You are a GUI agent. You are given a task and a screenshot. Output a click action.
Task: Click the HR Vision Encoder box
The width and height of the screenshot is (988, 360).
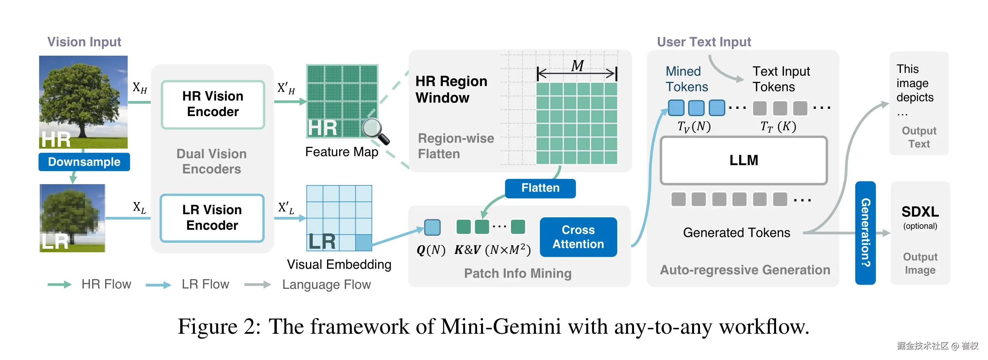tap(213, 104)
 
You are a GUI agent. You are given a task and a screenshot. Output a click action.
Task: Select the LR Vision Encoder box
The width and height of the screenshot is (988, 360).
tap(212, 218)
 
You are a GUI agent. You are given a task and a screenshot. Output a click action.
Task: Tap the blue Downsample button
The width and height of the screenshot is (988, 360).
tap(84, 162)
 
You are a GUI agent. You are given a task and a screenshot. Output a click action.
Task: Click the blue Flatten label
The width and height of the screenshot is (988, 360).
tap(540, 188)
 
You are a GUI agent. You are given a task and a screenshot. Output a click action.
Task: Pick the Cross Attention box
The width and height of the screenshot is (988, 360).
tap(578, 237)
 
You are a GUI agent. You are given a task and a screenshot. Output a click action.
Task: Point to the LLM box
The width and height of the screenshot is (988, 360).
tap(743, 160)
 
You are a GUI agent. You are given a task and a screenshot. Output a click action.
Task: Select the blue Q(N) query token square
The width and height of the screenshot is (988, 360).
tap(432, 227)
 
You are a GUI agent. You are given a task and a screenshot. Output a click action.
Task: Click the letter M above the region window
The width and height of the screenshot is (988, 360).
tap(577, 66)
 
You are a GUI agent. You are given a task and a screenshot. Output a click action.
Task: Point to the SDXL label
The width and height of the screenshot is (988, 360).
tap(920, 212)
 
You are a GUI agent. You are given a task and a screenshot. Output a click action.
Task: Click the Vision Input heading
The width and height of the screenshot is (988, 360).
tap(84, 42)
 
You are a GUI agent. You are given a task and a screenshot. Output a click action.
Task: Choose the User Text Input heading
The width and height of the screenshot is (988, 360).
tap(704, 42)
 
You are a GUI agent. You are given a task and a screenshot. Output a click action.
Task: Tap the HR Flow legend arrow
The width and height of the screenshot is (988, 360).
tap(59, 284)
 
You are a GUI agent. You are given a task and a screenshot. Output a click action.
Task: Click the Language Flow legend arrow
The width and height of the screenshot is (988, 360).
tap(257, 284)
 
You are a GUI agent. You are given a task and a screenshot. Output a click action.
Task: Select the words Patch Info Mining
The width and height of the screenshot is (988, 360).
tap(518, 273)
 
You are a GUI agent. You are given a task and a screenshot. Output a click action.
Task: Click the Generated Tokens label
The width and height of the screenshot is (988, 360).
tap(736, 233)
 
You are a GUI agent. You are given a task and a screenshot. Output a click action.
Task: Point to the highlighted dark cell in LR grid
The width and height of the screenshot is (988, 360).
tap(364, 243)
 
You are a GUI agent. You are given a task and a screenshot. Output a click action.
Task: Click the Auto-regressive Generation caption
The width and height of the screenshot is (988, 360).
tap(745, 270)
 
